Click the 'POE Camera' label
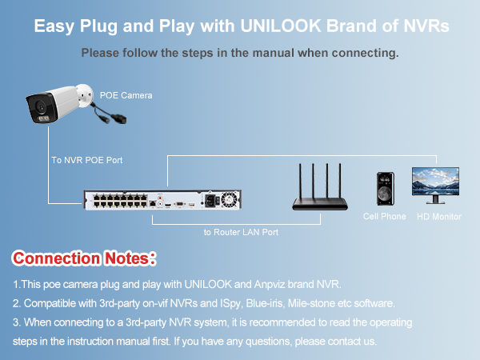(126, 95)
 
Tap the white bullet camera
(56, 105)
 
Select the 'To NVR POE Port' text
(86, 161)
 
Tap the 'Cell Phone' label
(384, 217)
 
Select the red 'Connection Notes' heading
(83, 259)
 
